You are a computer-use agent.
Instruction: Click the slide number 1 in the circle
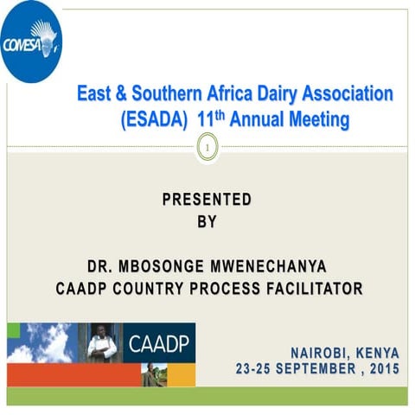[x=207, y=150]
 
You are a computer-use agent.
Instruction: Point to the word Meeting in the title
[x=315, y=119]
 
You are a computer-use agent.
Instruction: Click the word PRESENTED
[x=207, y=200]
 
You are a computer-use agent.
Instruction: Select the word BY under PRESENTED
[x=207, y=221]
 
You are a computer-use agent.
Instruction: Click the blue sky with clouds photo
[x=41, y=342]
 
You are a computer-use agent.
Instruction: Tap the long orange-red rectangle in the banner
[x=73, y=374]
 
